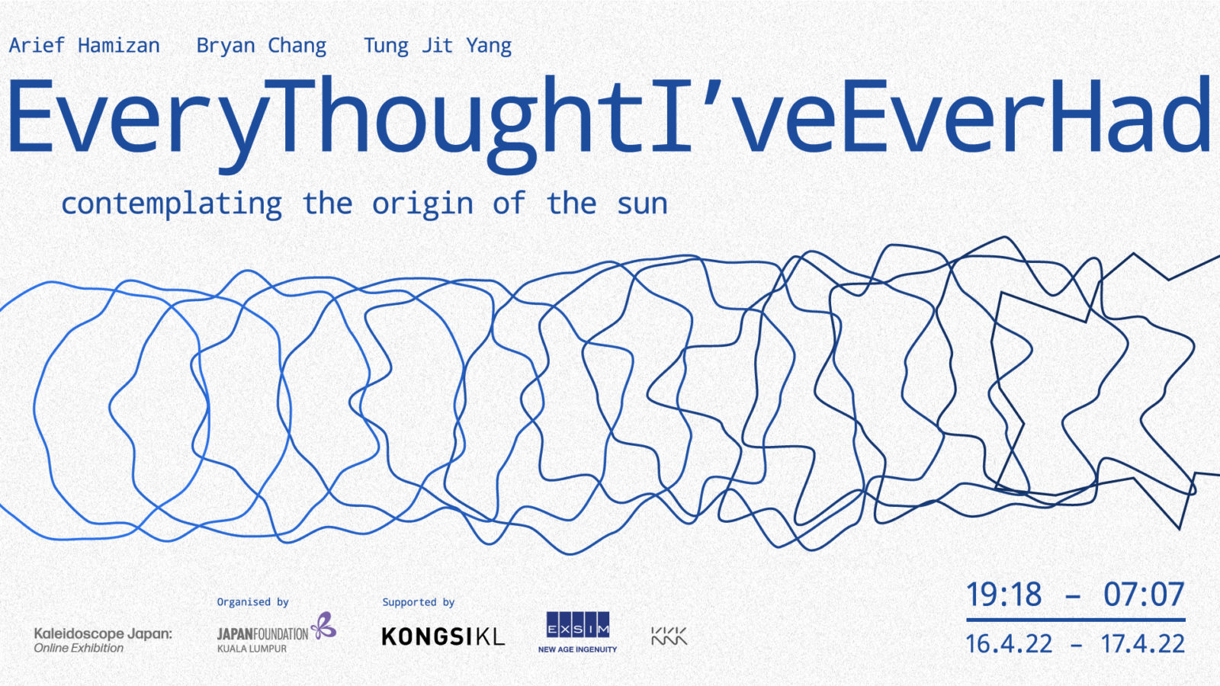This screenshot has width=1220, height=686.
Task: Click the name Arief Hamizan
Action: tap(85, 45)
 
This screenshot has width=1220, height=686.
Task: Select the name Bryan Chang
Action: tap(262, 46)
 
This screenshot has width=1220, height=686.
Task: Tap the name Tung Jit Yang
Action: tap(438, 46)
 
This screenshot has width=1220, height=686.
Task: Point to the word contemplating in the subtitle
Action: tap(172, 204)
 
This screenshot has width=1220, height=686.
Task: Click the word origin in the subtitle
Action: tap(422, 204)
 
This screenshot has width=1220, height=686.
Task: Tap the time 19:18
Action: tap(1003, 594)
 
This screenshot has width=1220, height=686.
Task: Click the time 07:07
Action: tap(1144, 594)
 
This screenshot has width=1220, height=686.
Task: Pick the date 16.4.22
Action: tap(1009, 644)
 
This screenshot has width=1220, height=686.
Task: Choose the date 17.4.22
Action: tap(1143, 644)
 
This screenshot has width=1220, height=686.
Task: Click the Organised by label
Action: tap(252, 602)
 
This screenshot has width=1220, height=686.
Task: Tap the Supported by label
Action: tap(419, 602)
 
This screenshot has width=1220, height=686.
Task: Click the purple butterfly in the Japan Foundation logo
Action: tap(323, 625)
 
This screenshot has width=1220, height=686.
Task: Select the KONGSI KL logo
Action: tap(443, 636)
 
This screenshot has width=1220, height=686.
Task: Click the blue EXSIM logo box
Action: tap(578, 624)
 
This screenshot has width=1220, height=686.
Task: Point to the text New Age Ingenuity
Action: tap(577, 649)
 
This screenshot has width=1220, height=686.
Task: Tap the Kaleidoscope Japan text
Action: tap(103, 633)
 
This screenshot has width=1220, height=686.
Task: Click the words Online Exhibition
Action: tap(79, 648)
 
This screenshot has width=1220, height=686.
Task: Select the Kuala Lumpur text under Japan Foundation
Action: tap(252, 649)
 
